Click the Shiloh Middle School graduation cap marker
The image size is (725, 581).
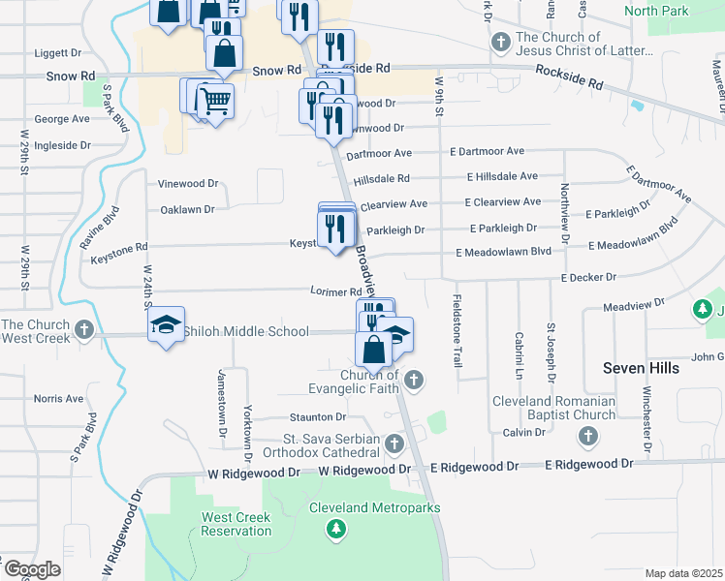coord(167,322)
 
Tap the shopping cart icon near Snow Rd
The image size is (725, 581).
coord(215,99)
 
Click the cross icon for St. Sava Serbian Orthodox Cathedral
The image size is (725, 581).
coord(394,444)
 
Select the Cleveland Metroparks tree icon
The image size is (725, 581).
coord(335,528)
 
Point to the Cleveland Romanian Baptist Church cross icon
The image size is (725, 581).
coord(587,437)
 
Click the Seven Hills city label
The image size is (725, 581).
coord(641,368)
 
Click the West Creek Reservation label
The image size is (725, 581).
coord(236,524)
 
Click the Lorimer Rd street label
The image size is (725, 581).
coord(335,290)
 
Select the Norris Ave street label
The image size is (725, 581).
coord(59,398)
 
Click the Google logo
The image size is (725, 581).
coord(32,568)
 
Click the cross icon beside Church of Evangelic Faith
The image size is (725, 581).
coord(414,379)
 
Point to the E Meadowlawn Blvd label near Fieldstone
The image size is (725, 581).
coord(503,252)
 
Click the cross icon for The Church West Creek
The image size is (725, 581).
coord(84,330)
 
